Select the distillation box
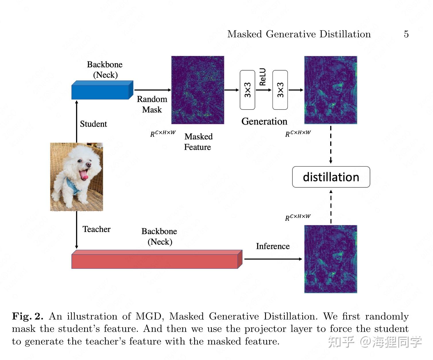click(331, 177)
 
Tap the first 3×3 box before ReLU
click(247, 90)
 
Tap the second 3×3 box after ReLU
click(280, 90)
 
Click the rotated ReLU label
click(262, 77)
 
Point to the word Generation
click(264, 121)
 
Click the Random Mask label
click(152, 104)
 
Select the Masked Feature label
click(198, 142)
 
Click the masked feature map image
click(198, 90)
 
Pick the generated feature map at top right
click(330, 90)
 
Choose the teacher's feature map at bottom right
click(330, 259)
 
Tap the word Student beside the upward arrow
click(93, 124)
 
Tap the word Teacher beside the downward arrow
click(96, 229)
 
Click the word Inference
click(273, 246)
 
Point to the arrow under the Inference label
click(273, 259)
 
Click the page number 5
click(406, 34)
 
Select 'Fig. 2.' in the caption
click(28, 316)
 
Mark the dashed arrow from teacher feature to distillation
click(331, 207)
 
